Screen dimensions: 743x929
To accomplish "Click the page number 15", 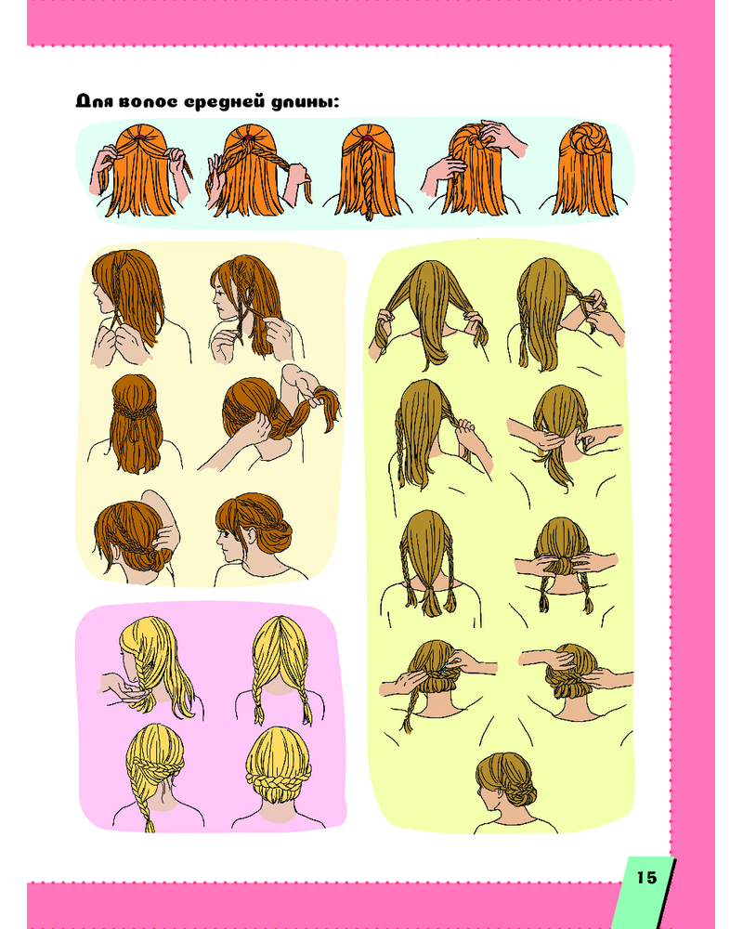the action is (647, 877).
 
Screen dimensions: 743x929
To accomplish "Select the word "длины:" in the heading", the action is (305, 101).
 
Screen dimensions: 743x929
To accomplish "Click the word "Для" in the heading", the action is (95, 101).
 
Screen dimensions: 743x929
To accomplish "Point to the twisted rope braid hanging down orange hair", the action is (368, 177).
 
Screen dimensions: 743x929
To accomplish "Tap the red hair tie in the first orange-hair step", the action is (141, 137).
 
